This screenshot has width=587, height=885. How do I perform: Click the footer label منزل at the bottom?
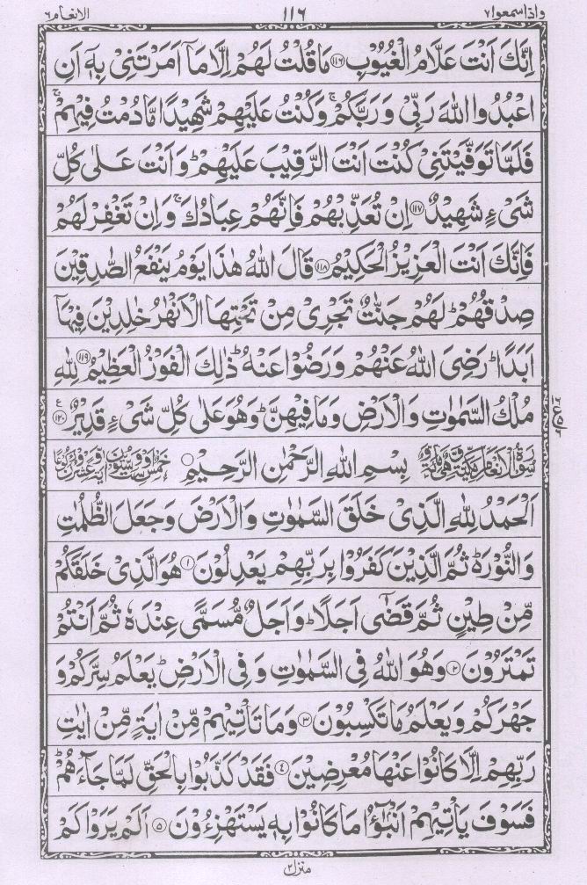click(293, 869)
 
